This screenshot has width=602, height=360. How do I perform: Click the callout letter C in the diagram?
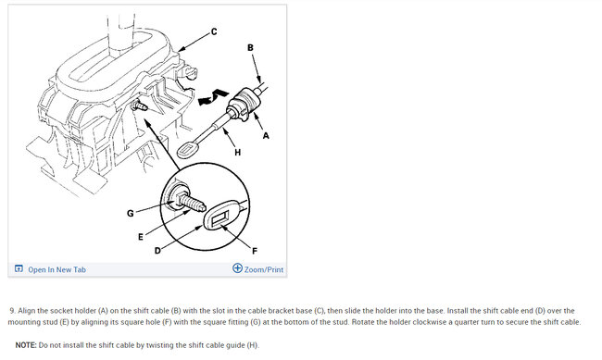tap(214, 31)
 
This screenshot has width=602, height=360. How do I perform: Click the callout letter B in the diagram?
tap(250, 47)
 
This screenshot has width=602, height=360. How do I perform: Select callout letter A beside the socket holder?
tap(266, 135)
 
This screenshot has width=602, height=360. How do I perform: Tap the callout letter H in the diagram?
tap(238, 153)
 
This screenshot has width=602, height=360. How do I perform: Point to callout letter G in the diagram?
tap(131, 213)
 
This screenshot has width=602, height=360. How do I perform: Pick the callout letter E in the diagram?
tap(141, 237)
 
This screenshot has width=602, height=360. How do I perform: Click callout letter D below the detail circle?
tap(157, 251)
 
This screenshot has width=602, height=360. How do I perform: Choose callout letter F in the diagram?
tap(255, 251)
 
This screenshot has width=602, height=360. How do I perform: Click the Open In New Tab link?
tap(56, 269)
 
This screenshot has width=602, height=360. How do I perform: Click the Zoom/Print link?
tap(264, 269)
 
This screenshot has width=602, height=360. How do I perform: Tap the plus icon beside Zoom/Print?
tap(238, 268)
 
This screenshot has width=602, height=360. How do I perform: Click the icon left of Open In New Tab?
tap(19, 268)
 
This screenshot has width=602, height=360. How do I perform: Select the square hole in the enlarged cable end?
tap(220, 219)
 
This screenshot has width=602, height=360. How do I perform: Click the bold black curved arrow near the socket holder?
tap(213, 97)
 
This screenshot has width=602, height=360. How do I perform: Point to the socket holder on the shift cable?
tap(243, 104)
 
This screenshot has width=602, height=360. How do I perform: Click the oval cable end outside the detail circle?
tap(187, 150)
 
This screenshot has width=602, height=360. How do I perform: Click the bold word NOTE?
tap(26, 345)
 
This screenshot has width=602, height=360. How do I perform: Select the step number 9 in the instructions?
tap(13, 311)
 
